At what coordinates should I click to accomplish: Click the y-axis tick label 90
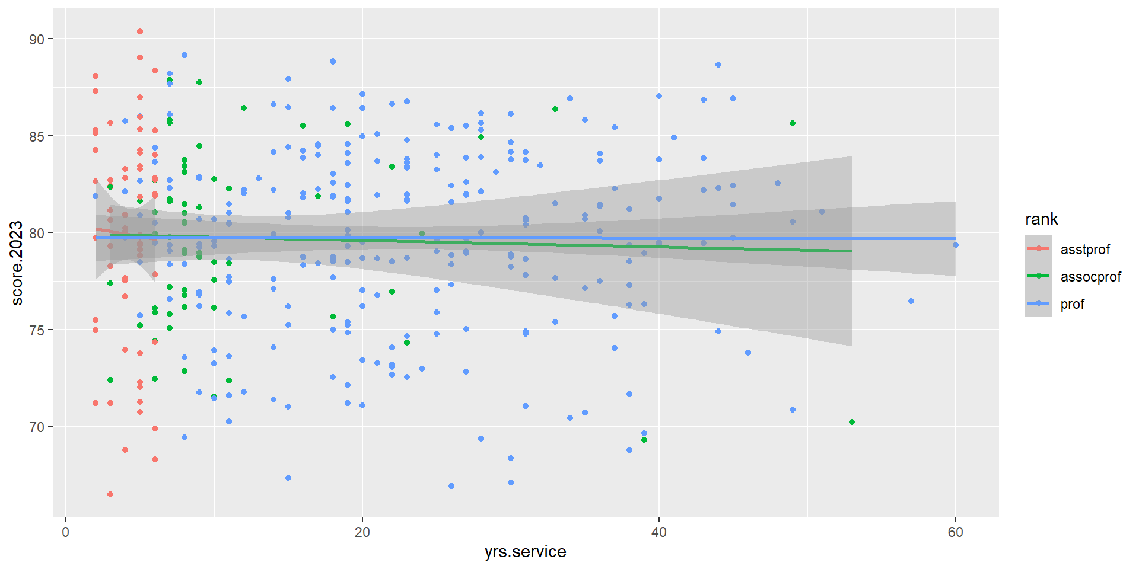click(x=37, y=39)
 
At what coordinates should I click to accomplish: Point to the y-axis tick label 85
click(x=37, y=136)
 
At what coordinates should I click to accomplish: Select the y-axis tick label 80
click(x=37, y=233)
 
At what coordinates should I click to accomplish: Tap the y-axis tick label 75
click(x=37, y=330)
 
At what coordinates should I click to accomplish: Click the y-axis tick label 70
click(x=37, y=427)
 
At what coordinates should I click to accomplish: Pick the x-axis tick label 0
click(x=66, y=532)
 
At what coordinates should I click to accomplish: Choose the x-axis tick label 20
click(x=362, y=532)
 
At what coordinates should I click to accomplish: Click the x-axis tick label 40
click(x=659, y=532)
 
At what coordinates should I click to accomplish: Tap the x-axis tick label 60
click(x=955, y=532)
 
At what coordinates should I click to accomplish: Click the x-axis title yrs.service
click(x=525, y=552)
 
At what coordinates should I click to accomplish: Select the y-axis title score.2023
click(x=17, y=263)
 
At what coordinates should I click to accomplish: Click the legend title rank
click(x=1041, y=219)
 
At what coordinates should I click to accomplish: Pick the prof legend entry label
click(x=1072, y=304)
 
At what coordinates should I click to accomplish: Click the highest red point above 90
click(x=140, y=31)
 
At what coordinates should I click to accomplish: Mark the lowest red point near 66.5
click(x=110, y=494)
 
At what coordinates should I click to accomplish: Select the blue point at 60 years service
click(x=955, y=245)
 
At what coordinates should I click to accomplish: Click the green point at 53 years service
click(x=852, y=422)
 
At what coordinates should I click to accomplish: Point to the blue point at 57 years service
click(x=911, y=301)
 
